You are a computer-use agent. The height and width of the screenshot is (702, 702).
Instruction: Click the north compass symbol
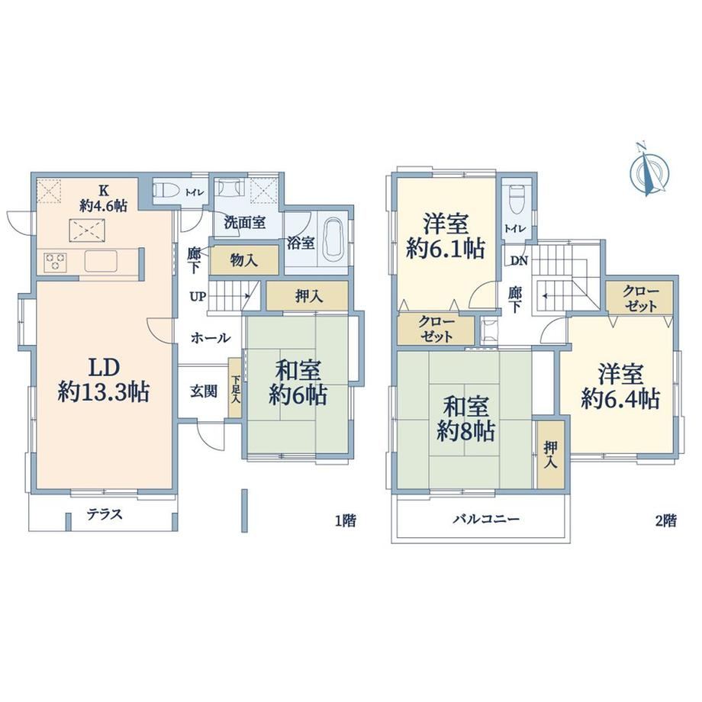(649, 170)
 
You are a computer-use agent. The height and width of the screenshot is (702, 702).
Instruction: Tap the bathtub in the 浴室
(332, 240)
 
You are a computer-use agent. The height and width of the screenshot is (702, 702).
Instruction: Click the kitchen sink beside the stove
(101, 261)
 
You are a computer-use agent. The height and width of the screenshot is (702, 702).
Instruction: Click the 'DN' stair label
(520, 260)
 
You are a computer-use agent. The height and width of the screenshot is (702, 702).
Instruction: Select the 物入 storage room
(244, 259)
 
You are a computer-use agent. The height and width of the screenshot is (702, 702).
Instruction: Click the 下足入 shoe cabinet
(235, 388)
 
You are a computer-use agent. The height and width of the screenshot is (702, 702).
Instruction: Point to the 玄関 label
(204, 391)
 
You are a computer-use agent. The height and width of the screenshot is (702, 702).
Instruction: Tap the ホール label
(211, 338)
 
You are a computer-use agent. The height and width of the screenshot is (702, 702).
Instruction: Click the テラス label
(105, 514)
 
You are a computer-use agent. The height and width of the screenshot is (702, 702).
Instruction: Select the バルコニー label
(486, 520)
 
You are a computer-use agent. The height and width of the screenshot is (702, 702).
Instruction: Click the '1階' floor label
(346, 520)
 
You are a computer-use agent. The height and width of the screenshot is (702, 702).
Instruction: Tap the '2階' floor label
(665, 520)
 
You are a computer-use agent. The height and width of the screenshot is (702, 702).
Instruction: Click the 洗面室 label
(244, 223)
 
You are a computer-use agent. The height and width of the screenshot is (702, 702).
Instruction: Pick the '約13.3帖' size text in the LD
(104, 393)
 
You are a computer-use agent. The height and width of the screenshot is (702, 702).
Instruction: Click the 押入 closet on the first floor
(308, 296)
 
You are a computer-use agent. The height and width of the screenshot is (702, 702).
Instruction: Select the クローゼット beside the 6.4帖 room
(640, 298)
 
